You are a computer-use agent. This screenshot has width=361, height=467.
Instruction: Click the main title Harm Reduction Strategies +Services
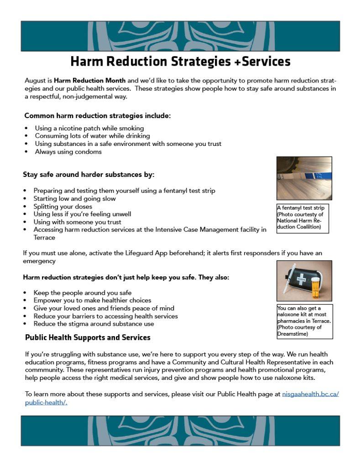click(180, 62)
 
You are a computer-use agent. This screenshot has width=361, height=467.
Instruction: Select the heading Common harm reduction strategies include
click(98, 116)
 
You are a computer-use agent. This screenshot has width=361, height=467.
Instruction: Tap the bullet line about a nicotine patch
click(89, 128)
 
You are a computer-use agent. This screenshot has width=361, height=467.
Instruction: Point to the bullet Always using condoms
click(68, 151)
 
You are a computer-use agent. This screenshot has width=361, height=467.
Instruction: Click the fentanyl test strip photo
click(304, 178)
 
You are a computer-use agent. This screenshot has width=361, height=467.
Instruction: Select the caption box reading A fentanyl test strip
click(302, 218)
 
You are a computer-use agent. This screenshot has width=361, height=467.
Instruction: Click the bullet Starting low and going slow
click(74, 198)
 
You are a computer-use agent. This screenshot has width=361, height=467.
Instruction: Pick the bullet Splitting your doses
click(63, 206)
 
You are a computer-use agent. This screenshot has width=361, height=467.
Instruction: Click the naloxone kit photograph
click(304, 281)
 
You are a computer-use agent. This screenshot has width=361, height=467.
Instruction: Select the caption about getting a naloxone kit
click(304, 321)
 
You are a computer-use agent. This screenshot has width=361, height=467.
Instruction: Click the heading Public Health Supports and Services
click(88, 337)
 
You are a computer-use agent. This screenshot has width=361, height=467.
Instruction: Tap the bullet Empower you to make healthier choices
click(92, 300)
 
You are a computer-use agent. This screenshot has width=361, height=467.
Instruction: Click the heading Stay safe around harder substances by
click(89, 174)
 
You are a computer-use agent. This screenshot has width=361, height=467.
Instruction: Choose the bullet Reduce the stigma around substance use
click(94, 323)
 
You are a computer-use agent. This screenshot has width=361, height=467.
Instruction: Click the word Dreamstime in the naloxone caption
click(293, 334)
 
